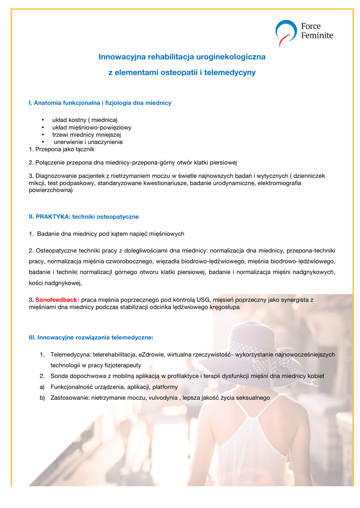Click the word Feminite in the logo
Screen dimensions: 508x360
pos(317,36)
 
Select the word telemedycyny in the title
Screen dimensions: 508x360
pos(234,72)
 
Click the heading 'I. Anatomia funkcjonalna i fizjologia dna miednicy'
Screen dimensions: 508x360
pos(100,103)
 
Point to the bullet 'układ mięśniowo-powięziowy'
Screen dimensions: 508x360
pos(92,127)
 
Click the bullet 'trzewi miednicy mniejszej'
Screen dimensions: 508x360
pos(87,134)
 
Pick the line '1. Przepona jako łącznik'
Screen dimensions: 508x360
pos(62,149)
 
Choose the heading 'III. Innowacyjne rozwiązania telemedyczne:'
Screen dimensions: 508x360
pos(91,337)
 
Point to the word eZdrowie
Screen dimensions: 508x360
pos(152,355)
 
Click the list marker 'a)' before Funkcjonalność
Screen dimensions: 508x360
pos(42,387)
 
